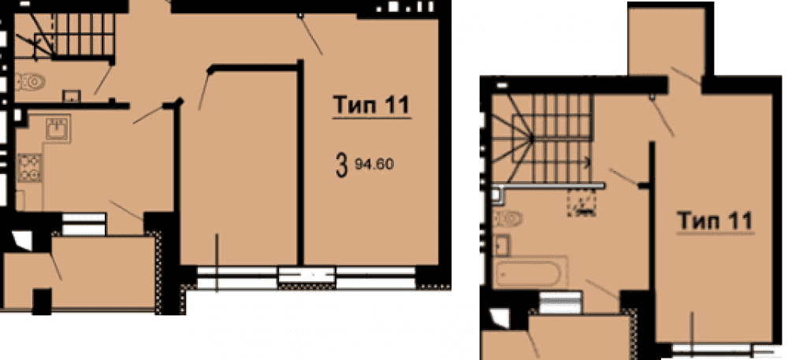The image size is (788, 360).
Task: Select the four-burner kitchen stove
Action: pyautogui.click(x=29, y=168)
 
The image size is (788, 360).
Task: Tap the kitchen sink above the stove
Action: pyautogui.click(x=58, y=128)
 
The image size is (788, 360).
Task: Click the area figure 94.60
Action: pyautogui.click(x=374, y=164)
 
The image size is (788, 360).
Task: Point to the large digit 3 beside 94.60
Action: pyautogui.click(x=342, y=165)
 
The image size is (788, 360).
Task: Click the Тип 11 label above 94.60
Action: pyautogui.click(x=372, y=106)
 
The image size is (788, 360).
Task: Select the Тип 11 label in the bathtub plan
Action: pyautogui.click(x=714, y=220)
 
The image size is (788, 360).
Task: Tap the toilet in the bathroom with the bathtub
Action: pyautogui.click(x=508, y=218)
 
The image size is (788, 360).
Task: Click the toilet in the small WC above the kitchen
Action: pyautogui.click(x=30, y=81)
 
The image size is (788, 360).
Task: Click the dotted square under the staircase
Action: pyautogui.click(x=582, y=203)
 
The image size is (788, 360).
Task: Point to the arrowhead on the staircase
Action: pyautogui.click(x=586, y=162)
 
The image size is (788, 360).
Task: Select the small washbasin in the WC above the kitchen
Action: pyautogui.click(x=71, y=95)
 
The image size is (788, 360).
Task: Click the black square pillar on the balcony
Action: pyautogui.click(x=43, y=301)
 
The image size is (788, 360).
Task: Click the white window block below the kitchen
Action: pyautogui.click(x=84, y=224)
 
